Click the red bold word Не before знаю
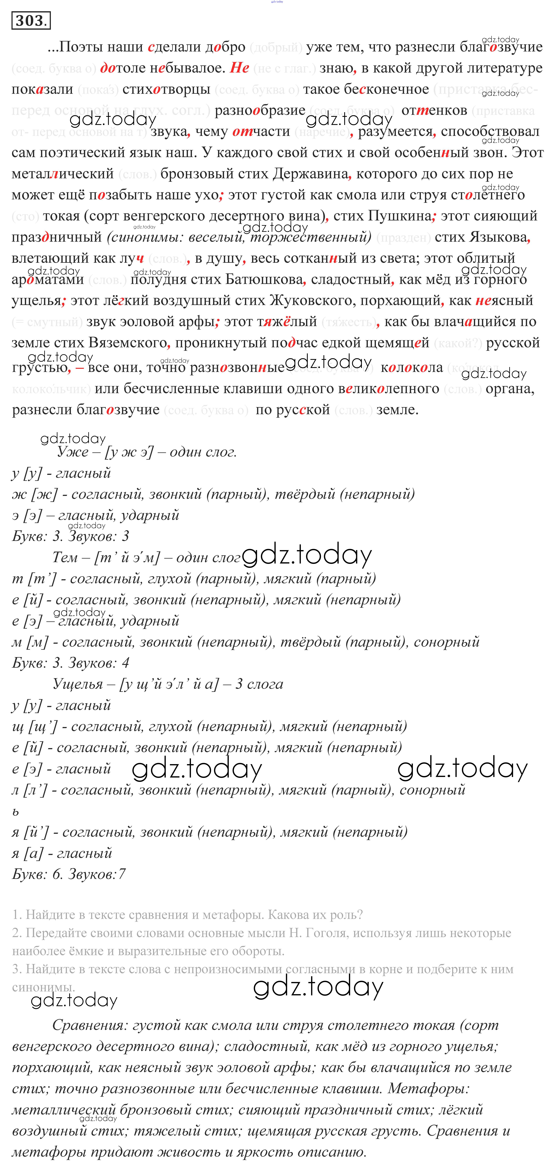tap(239, 68)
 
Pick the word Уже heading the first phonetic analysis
tap(72, 452)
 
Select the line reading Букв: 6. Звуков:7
tap(69, 874)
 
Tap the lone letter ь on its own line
tap(16, 812)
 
